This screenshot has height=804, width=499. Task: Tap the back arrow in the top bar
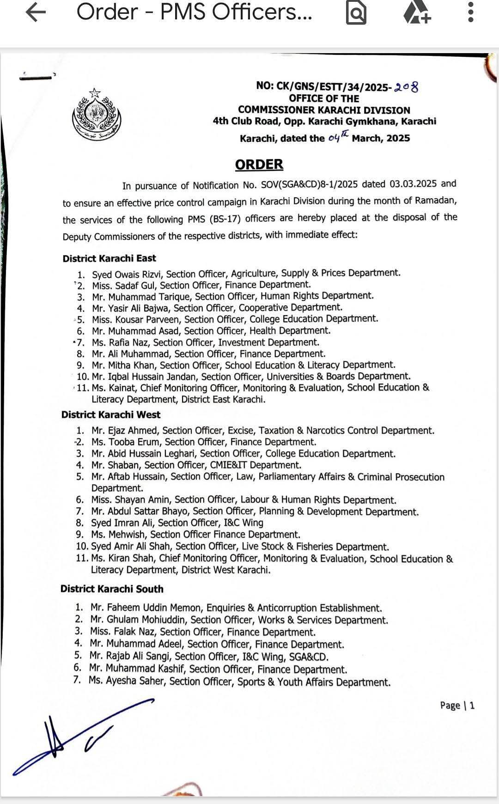(x=36, y=12)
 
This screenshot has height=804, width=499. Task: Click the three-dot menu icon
(x=470, y=12)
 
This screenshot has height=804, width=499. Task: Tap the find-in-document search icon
(x=356, y=13)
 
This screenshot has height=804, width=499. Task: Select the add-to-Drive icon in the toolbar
(x=417, y=13)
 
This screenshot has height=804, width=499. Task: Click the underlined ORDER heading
(x=259, y=164)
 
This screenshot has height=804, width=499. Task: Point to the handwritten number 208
(x=406, y=86)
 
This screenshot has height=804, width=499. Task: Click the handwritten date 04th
(x=338, y=137)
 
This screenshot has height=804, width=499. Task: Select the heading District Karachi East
(x=110, y=258)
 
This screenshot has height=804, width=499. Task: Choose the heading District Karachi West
(x=111, y=414)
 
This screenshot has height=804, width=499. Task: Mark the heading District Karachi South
(x=112, y=589)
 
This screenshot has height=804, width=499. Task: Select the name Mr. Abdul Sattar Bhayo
(x=140, y=512)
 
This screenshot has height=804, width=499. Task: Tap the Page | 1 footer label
(x=457, y=705)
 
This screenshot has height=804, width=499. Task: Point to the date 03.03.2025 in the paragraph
(x=413, y=184)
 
